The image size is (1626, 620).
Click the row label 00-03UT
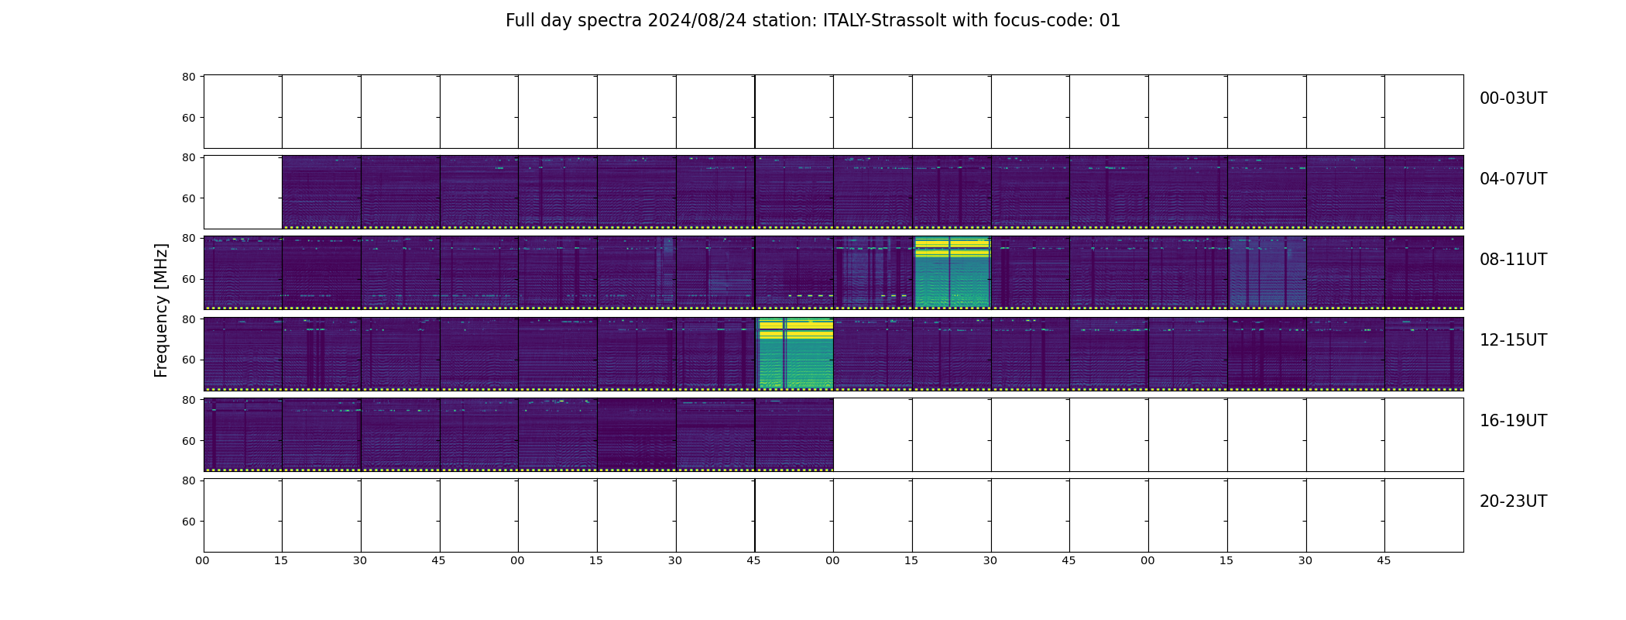tap(1513, 98)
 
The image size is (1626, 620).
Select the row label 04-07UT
tap(1513, 179)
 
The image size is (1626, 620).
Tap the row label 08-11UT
tap(1513, 260)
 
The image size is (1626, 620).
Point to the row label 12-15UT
tap(1513, 340)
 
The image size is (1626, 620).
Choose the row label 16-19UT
tap(1513, 421)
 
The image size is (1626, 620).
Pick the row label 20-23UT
tap(1513, 501)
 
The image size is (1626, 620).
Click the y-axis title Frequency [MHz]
tap(161, 310)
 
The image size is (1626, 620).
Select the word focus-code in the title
tap(1037, 21)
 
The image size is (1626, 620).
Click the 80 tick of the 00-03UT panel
tap(188, 77)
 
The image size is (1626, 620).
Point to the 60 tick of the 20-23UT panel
tap(188, 522)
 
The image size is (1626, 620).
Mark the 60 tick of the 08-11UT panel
tap(188, 279)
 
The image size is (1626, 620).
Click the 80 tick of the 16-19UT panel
tap(188, 400)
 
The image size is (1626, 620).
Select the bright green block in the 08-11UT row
tap(952, 272)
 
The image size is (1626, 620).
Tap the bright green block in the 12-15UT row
tap(794, 353)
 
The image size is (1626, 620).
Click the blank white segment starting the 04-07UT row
tap(242, 192)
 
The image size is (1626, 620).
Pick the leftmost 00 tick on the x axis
tap(202, 560)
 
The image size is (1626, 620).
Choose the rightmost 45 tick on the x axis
tap(1384, 560)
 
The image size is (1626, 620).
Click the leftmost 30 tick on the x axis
tap(360, 560)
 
